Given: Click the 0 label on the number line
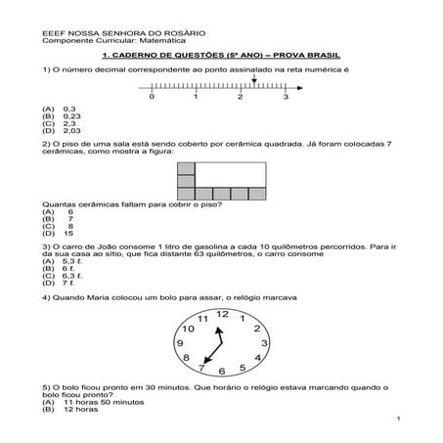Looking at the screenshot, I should tap(152, 98).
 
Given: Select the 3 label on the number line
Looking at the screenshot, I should tap(285, 98).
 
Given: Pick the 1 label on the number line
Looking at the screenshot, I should tap(197, 98).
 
